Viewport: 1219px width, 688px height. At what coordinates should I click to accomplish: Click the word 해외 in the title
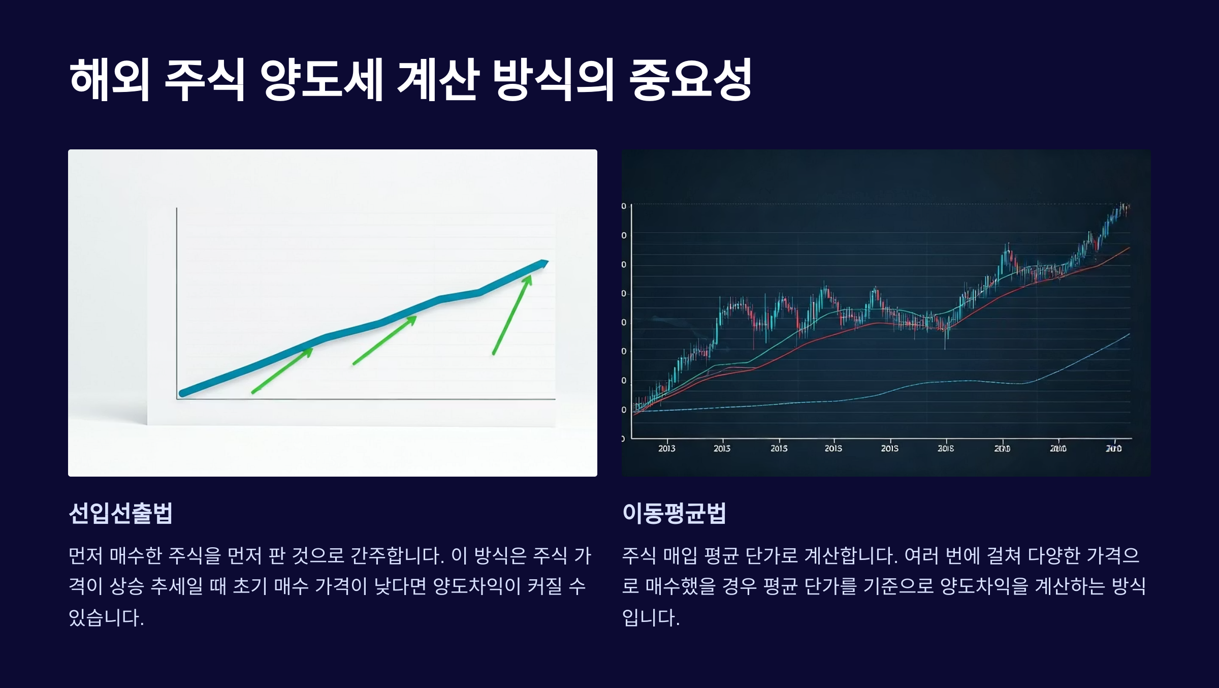(109, 79)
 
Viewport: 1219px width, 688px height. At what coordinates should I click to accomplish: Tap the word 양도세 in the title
(321, 79)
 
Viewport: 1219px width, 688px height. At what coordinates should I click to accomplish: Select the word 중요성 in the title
(690, 79)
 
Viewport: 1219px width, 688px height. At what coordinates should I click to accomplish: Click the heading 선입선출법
(121, 513)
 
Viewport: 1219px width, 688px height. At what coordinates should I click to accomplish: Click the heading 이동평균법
(674, 513)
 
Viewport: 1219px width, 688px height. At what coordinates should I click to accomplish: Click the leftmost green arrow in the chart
(282, 370)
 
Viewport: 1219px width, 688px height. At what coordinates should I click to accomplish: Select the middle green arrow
(384, 340)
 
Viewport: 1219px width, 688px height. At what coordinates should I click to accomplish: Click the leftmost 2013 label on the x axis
(666, 448)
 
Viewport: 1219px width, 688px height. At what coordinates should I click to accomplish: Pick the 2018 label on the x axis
(945, 448)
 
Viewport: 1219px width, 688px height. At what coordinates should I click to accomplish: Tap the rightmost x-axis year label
(1113, 448)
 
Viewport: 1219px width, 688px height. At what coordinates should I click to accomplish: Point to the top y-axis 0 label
(624, 206)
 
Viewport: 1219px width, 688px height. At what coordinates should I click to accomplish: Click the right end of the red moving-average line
(1129, 248)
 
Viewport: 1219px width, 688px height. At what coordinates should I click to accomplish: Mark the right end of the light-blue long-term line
(1129, 334)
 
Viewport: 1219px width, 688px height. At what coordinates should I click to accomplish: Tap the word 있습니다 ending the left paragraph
(106, 617)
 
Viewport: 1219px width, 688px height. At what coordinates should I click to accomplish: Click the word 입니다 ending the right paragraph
(650, 617)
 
